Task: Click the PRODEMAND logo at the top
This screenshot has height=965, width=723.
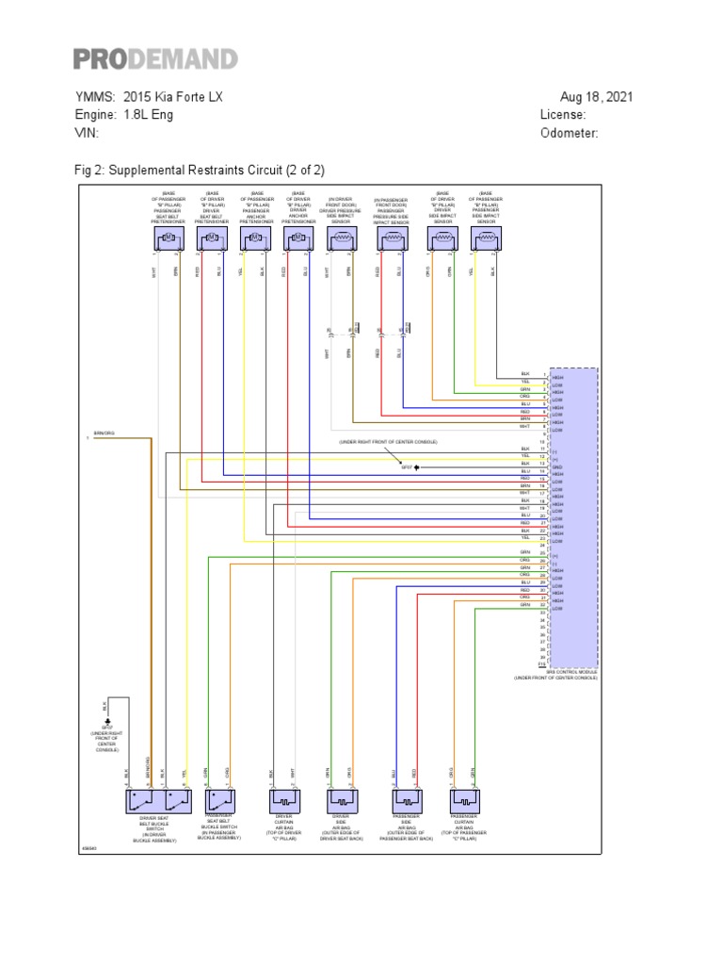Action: (x=156, y=59)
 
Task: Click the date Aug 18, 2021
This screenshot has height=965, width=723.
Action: (x=596, y=97)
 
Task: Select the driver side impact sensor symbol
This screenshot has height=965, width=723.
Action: (x=442, y=241)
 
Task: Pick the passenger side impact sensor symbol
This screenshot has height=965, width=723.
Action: (x=486, y=241)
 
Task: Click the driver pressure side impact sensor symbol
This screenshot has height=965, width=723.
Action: (x=340, y=241)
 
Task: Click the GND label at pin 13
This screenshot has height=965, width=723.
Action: (x=556, y=467)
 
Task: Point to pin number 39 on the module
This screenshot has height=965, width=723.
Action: (x=542, y=658)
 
